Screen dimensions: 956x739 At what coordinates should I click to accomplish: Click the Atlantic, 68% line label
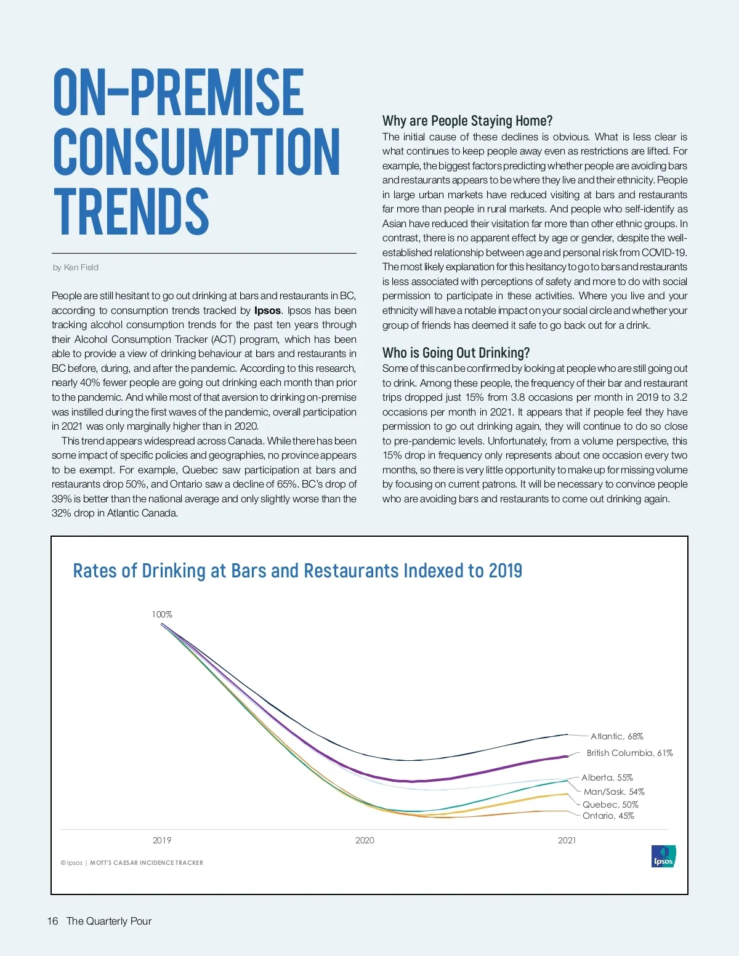click(x=616, y=736)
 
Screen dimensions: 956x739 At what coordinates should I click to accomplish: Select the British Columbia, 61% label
click(x=629, y=753)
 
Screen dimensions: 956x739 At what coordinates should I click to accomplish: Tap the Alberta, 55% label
click(x=607, y=777)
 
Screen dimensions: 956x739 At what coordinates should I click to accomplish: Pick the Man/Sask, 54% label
click(x=614, y=792)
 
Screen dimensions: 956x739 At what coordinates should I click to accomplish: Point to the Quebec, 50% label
click(x=610, y=805)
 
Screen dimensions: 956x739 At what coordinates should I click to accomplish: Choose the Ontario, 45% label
click(x=608, y=816)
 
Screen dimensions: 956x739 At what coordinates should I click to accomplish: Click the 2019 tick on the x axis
click(x=162, y=840)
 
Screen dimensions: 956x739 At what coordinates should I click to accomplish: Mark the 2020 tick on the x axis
click(x=365, y=840)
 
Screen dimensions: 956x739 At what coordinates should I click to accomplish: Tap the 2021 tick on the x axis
click(x=567, y=840)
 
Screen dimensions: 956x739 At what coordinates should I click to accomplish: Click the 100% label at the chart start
click(x=162, y=614)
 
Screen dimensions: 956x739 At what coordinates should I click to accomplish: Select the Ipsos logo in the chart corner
click(x=663, y=856)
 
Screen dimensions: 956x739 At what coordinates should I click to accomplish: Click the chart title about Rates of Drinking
click(x=297, y=571)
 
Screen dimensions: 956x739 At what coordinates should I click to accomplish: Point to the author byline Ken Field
click(x=76, y=267)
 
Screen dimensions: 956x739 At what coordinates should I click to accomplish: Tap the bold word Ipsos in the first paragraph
click(x=267, y=310)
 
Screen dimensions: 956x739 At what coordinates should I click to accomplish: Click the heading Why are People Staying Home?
click(x=467, y=121)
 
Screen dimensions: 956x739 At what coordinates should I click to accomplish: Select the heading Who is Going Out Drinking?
click(x=456, y=353)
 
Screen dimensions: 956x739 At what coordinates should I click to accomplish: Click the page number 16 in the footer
click(x=52, y=921)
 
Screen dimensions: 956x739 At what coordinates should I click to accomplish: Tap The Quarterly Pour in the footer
click(x=109, y=921)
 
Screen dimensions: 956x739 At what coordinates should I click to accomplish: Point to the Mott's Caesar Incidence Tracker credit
click(x=146, y=862)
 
